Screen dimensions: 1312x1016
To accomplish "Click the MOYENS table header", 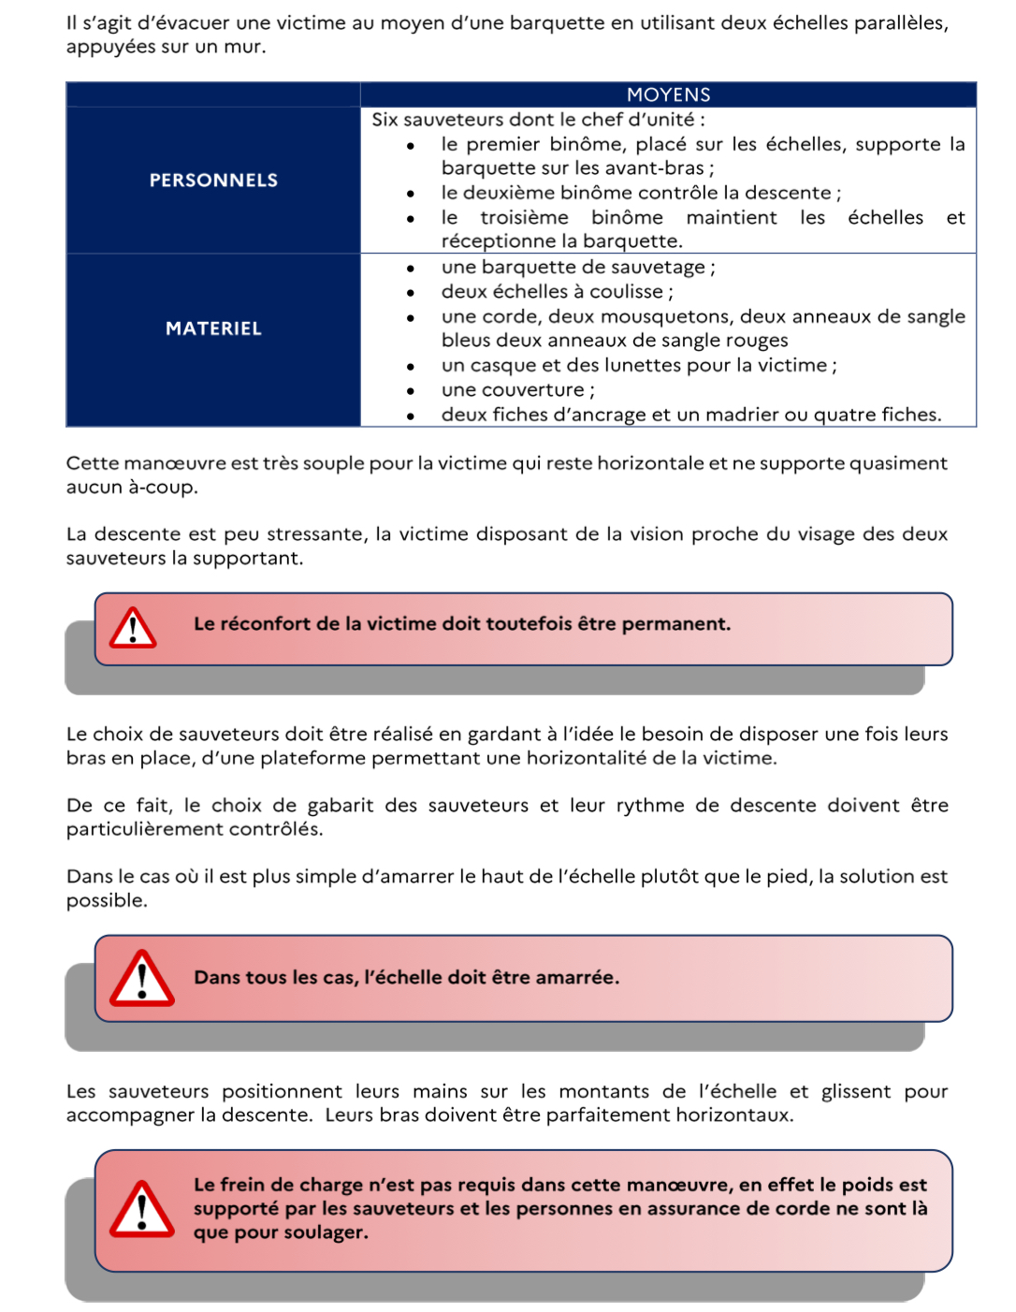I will coord(668,95).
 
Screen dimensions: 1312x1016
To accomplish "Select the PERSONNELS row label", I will coord(213,181).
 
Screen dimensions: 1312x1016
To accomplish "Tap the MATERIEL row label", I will coord(213,328).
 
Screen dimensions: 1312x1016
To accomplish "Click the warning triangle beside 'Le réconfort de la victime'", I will coord(133,628).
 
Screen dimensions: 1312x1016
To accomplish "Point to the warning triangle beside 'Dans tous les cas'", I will coord(142,979).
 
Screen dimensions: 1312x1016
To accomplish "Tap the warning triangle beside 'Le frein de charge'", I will coord(142,1209).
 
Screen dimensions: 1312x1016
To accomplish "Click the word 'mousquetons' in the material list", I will coord(607,316).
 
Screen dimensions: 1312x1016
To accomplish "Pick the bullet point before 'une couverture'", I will coord(411,391).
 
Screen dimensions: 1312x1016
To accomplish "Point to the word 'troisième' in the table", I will coord(524,217).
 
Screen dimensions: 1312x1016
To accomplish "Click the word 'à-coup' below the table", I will coord(162,488).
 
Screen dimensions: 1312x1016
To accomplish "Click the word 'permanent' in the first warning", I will coord(675,624).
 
